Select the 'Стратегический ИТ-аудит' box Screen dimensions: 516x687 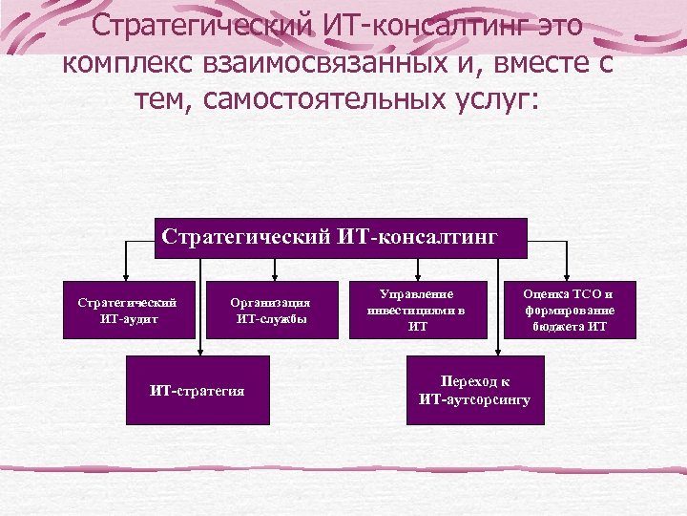(x=128, y=310)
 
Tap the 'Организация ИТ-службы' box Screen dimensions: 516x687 (x=272, y=310)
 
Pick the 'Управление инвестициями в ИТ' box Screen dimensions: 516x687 (x=417, y=310)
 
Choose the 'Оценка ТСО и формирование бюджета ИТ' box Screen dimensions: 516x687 (x=569, y=310)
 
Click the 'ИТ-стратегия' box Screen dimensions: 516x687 (x=198, y=390)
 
